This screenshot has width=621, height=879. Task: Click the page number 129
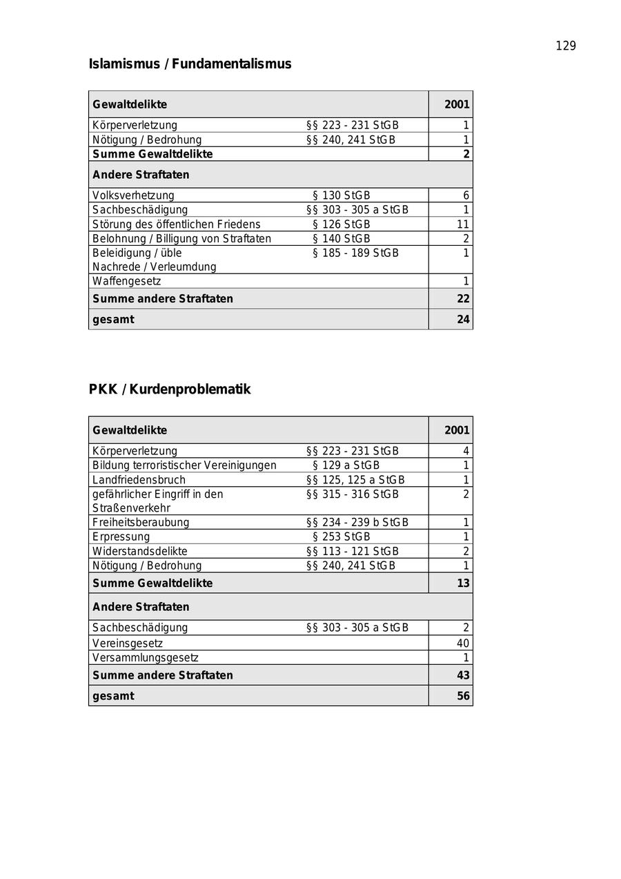pos(565,46)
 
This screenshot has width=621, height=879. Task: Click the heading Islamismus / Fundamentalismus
pos(190,64)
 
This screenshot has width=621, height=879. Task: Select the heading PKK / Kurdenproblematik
pos(169,389)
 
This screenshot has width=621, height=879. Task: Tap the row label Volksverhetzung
pos(133,195)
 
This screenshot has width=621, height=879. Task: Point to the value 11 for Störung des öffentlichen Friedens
pos(462,224)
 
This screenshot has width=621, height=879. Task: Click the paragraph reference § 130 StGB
pos(341,195)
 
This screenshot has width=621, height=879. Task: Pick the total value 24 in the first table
pos(462,320)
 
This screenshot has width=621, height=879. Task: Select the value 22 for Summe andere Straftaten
pos(462,299)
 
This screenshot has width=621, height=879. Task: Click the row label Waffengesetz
pos(126,281)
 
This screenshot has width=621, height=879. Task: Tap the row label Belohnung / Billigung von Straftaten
pos(181,239)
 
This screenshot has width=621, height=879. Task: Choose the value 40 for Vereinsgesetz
pos(462,644)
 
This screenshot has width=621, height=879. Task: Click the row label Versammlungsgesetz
pos(145,658)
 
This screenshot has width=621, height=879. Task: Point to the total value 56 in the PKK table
pos(462,696)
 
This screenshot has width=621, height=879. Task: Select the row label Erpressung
pos(121,537)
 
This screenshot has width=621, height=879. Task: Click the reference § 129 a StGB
pos(346,465)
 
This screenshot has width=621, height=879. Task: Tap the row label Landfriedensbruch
pos(139,480)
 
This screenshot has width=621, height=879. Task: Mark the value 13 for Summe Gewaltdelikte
pos(462,583)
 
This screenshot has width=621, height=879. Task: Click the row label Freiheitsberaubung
pos(141,523)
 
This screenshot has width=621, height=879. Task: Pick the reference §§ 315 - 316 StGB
pos(352,494)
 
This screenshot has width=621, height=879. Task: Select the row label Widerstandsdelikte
pos(139,551)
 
